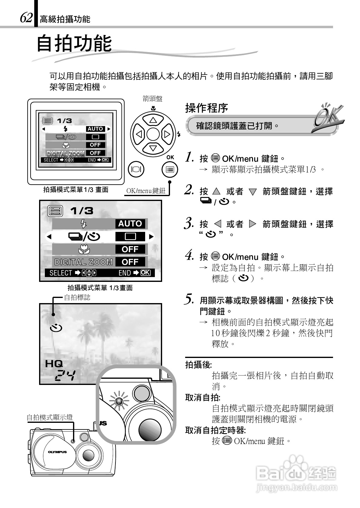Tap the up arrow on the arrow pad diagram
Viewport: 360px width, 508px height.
click(x=153, y=120)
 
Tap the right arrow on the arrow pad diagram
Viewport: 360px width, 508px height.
click(x=167, y=134)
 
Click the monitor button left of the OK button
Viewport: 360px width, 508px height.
click(x=136, y=169)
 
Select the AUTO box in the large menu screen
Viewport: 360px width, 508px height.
click(x=130, y=224)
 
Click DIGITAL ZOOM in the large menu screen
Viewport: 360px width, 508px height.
click(x=83, y=262)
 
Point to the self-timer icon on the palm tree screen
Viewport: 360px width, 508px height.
click(x=56, y=328)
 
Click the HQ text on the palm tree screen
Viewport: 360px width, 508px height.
click(x=54, y=363)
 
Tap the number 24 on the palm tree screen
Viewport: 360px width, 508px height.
click(x=65, y=376)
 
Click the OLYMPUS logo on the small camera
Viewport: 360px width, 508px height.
click(x=57, y=452)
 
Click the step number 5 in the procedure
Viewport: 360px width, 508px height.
click(x=189, y=299)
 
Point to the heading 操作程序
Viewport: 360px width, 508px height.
click(x=206, y=108)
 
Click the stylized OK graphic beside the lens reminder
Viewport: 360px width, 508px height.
click(x=328, y=117)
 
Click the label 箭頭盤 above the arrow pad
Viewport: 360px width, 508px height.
click(x=152, y=99)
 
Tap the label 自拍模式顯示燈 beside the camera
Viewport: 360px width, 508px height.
click(x=50, y=417)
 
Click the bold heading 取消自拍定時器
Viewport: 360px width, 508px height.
click(x=215, y=430)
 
